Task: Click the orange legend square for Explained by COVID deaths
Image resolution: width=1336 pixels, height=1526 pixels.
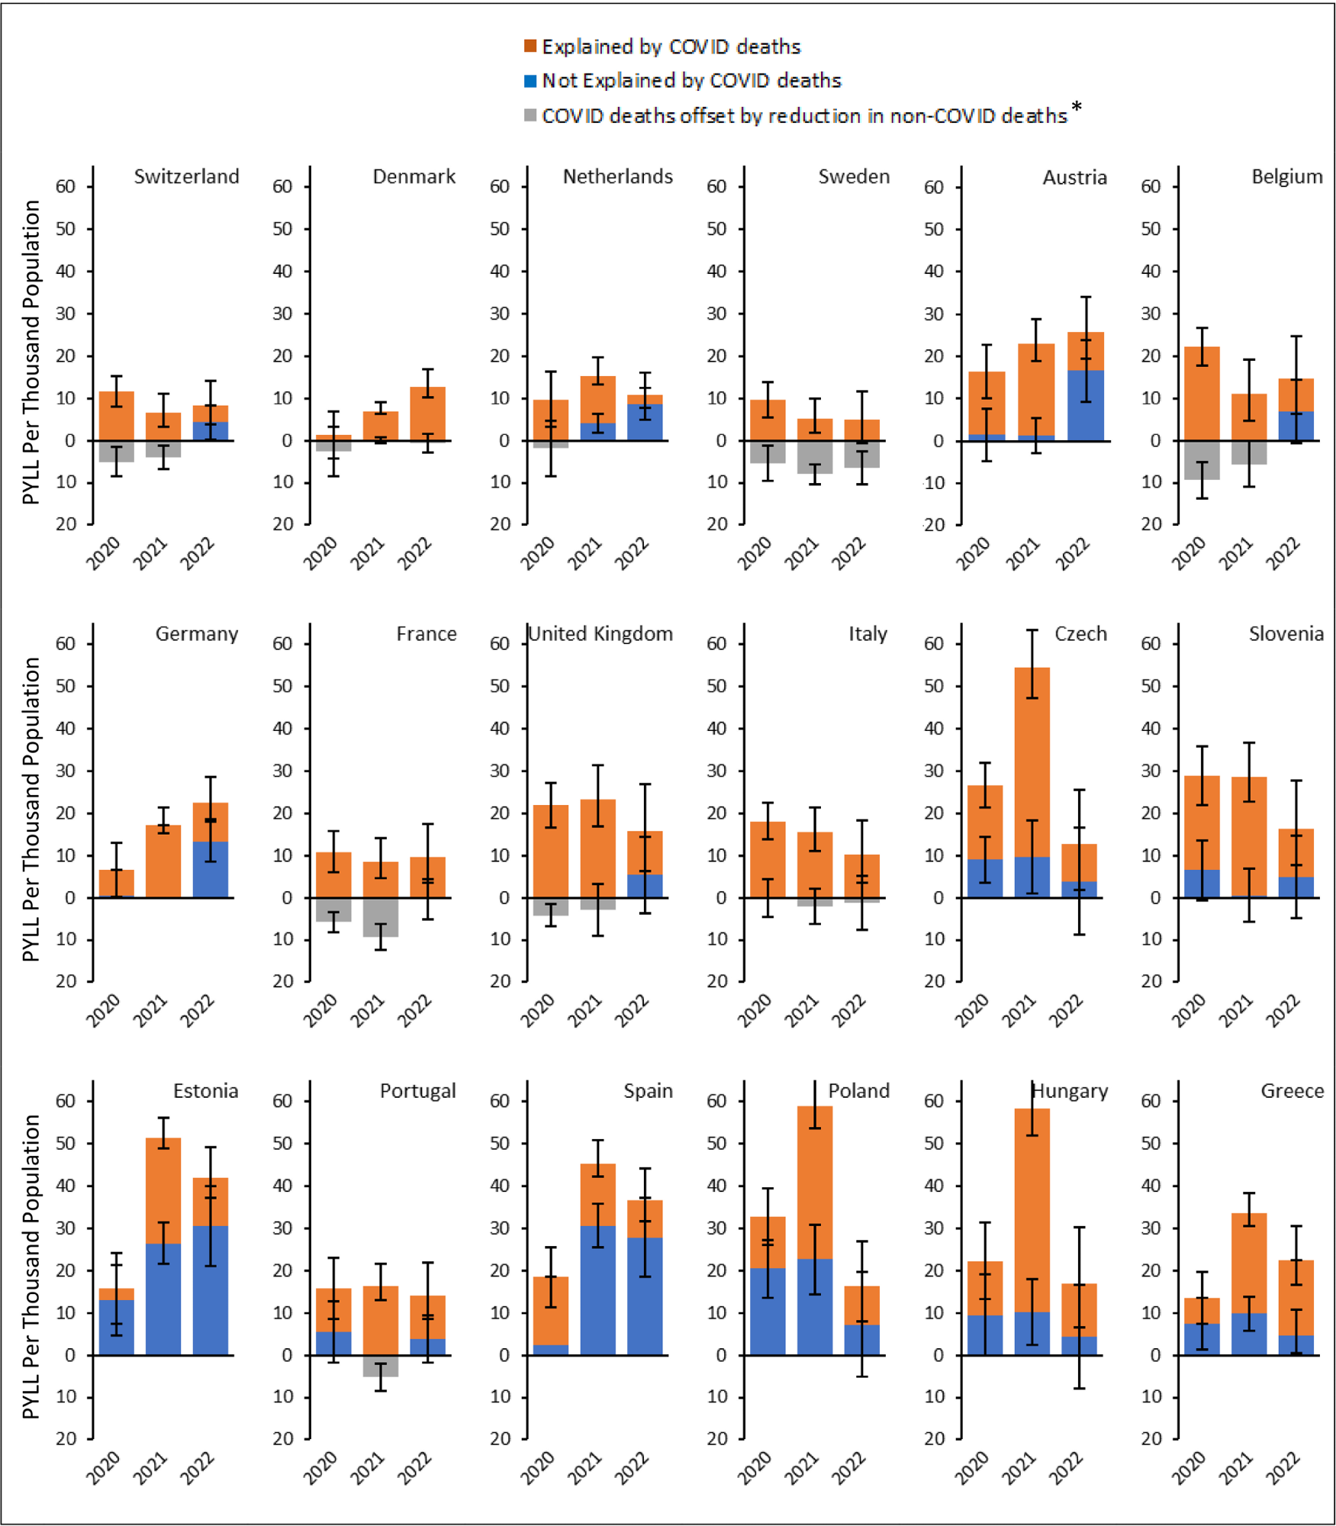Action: point(530,47)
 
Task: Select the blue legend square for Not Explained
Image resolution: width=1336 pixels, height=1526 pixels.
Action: point(530,81)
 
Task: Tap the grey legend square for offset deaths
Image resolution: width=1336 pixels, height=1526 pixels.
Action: point(530,116)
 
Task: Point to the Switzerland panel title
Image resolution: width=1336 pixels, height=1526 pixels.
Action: point(186,177)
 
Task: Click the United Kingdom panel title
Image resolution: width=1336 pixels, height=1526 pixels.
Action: point(600,634)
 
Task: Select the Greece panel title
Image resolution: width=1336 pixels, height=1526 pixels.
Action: point(1292,1091)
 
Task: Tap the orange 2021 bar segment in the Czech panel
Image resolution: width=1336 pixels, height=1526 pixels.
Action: point(1032,763)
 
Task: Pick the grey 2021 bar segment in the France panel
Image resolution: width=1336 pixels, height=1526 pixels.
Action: point(381,917)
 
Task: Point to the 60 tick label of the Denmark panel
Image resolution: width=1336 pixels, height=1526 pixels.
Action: point(282,187)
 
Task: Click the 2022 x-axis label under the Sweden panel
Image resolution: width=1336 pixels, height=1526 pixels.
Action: point(848,554)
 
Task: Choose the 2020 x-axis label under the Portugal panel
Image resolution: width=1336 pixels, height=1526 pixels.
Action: point(320,1468)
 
